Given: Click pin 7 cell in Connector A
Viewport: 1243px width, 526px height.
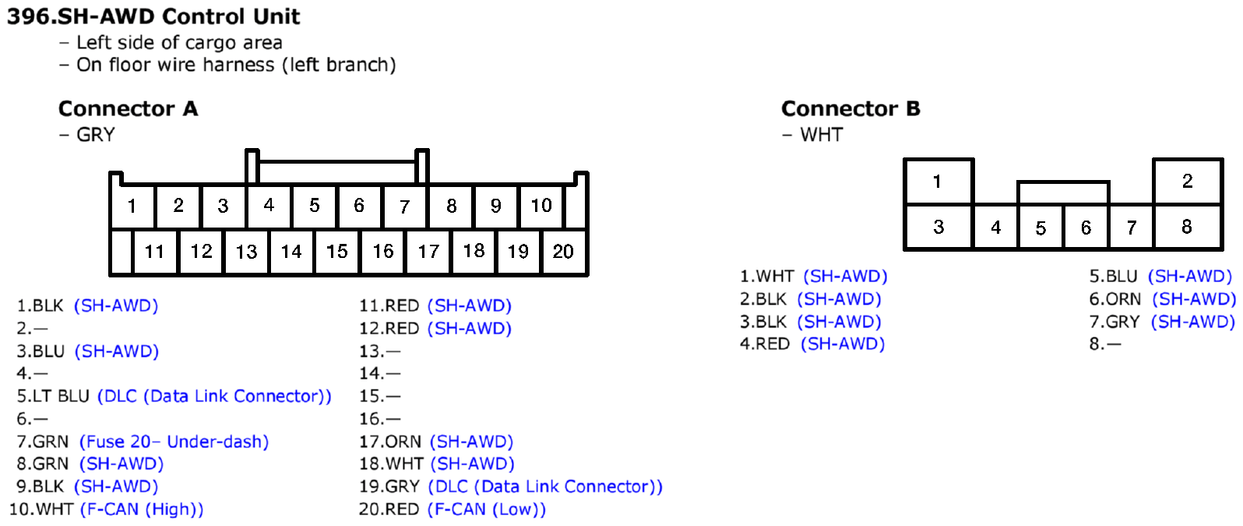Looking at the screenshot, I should click(404, 207).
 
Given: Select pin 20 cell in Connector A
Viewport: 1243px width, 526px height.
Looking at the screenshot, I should click(563, 252).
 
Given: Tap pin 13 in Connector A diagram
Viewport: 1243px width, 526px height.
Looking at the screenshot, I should click(246, 252).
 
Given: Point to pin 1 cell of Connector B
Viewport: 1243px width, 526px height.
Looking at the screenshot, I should click(938, 182).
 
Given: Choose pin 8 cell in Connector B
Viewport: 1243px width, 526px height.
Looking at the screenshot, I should click(1187, 227).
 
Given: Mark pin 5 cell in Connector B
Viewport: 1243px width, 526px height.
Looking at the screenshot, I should click(1041, 228).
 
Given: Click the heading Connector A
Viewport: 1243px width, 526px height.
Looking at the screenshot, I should click(128, 108).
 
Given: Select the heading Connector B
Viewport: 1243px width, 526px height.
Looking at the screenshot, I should click(850, 108).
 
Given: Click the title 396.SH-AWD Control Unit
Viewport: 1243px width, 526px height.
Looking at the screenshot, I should click(153, 16).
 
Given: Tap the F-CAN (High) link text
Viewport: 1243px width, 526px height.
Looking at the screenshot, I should click(142, 510).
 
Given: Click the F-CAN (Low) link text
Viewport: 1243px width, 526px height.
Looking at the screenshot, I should click(487, 510).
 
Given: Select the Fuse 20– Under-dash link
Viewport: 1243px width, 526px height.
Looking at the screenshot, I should click(174, 442).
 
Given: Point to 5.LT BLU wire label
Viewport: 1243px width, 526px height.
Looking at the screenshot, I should click(53, 397).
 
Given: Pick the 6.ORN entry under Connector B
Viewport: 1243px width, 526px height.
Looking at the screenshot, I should click(1114, 299).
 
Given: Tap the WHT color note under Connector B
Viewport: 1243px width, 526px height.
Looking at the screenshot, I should click(821, 135).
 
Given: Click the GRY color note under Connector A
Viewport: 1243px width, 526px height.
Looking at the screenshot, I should click(95, 135).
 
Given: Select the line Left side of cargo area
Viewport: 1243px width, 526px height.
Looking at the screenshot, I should click(179, 43).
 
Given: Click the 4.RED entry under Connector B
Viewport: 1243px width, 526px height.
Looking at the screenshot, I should click(765, 344).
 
